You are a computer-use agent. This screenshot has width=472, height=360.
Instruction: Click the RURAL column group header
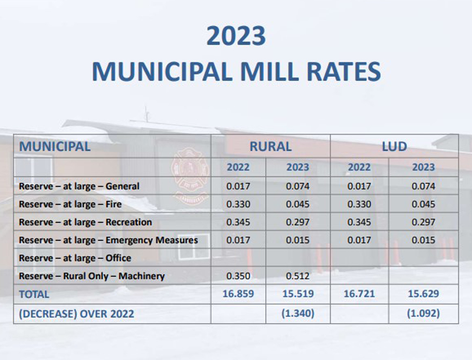click(271, 146)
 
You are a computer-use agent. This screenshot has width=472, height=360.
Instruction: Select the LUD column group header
click(394, 146)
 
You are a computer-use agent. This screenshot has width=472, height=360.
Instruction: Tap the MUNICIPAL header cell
click(54, 146)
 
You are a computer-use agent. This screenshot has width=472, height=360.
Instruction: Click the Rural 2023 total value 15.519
click(297, 294)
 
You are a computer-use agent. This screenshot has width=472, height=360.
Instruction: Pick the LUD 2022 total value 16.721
click(359, 294)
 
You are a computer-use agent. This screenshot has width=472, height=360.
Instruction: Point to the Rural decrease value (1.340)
click(297, 314)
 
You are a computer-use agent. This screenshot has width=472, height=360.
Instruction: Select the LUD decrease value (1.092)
click(423, 314)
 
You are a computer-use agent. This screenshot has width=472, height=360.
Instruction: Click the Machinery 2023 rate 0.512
click(297, 276)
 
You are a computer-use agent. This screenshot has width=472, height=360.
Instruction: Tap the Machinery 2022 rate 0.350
click(238, 276)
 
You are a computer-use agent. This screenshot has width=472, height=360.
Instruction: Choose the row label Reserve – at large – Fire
click(70, 204)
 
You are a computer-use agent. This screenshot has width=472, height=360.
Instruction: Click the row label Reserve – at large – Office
click(75, 258)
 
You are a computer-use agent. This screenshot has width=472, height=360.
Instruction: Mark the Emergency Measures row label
click(108, 240)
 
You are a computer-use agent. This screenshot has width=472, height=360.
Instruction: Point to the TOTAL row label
click(34, 294)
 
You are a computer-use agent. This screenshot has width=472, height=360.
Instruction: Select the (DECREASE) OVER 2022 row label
click(76, 314)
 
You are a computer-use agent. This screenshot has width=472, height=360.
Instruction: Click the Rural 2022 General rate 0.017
click(238, 186)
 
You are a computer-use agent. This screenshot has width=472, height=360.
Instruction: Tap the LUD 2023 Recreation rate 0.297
click(423, 222)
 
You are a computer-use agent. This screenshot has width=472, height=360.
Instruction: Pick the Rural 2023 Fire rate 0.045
click(297, 204)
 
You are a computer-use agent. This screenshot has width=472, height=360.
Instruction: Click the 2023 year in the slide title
click(236, 36)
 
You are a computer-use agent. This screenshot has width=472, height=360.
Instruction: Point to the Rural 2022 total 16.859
click(238, 294)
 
